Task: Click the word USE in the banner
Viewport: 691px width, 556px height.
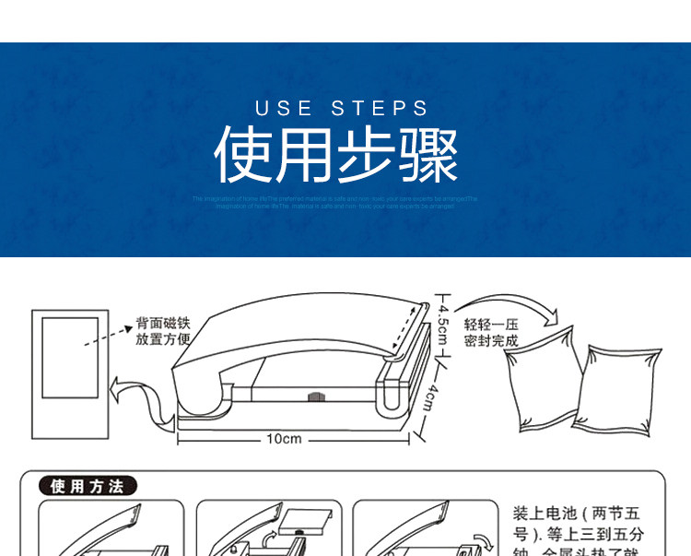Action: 284,109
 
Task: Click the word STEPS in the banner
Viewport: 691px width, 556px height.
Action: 381,109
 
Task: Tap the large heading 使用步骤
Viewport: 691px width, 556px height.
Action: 336,154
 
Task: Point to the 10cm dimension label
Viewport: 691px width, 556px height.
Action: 284,439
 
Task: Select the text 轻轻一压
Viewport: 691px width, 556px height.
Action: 491,325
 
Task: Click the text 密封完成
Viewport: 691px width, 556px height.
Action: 491,340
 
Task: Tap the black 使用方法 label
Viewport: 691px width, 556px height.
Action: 88,487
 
